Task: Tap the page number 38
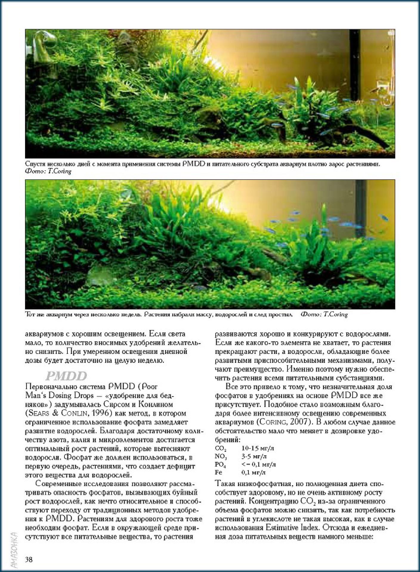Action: (x=29, y=559)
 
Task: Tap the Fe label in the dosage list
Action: (x=219, y=472)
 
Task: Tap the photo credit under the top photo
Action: (x=49, y=172)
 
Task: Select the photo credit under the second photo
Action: (x=324, y=314)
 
